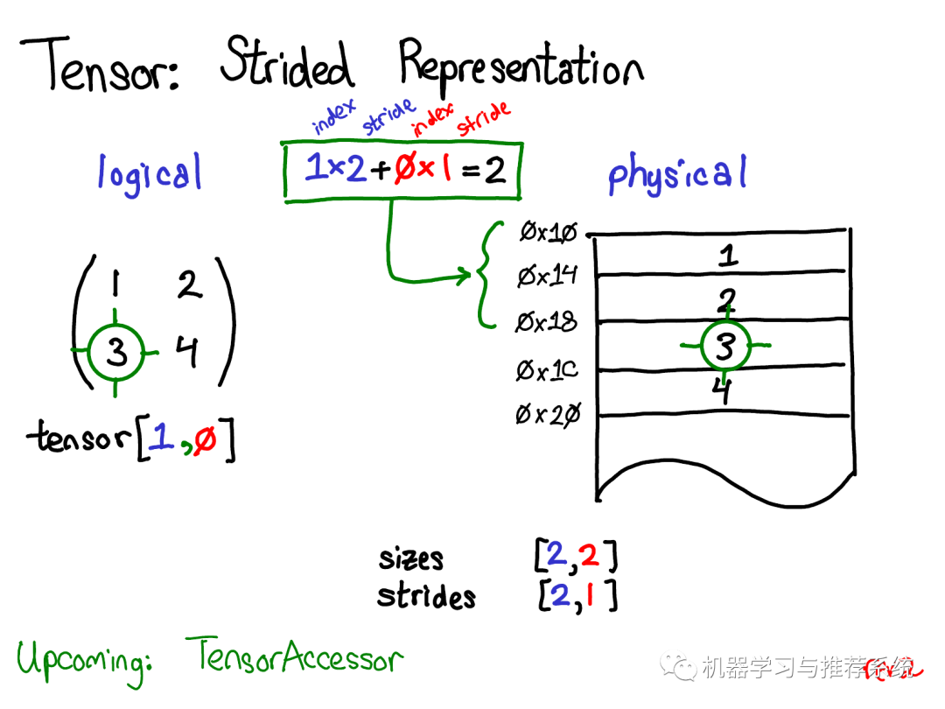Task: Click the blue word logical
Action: pyautogui.click(x=150, y=173)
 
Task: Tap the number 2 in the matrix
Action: pyautogui.click(x=189, y=284)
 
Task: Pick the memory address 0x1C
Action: pyautogui.click(x=547, y=370)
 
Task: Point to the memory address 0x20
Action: pyautogui.click(x=547, y=415)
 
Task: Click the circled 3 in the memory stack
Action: pyautogui.click(x=724, y=347)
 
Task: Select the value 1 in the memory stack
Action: pyautogui.click(x=725, y=256)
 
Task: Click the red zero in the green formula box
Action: pyautogui.click(x=404, y=168)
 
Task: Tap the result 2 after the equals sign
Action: pyautogui.click(x=495, y=170)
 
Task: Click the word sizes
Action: pyautogui.click(x=410, y=558)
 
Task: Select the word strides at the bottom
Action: pyautogui.click(x=426, y=596)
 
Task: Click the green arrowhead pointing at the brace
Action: pyautogui.click(x=463, y=277)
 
